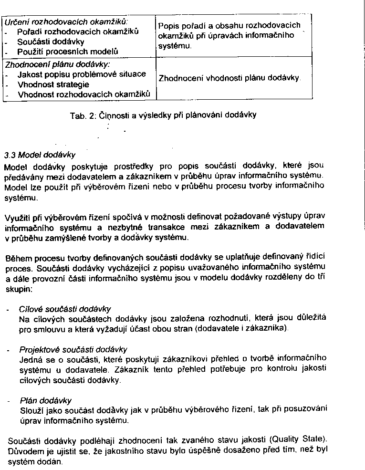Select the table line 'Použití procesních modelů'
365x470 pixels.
point(68,51)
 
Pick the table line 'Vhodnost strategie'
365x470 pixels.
point(53,84)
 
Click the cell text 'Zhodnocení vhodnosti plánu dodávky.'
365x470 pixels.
point(229,77)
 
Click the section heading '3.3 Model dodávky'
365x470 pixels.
point(40,155)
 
